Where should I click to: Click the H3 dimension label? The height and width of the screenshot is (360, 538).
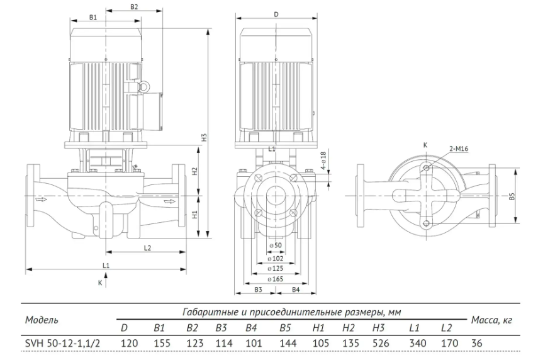tap(205, 137)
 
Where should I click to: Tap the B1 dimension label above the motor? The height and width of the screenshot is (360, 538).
tap(93, 17)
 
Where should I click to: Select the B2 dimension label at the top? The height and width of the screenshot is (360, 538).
tap(134, 7)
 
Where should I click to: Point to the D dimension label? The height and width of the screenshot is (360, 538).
tap(276, 14)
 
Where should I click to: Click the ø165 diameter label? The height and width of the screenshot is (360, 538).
tap(276, 279)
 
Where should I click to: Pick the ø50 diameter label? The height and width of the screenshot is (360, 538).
tap(276, 245)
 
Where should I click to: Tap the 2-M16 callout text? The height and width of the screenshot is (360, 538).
tap(459, 149)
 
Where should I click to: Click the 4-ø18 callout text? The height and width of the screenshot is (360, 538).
tap(323, 160)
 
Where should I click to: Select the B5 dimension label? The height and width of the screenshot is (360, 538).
tap(512, 196)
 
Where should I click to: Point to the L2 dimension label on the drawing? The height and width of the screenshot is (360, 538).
tap(147, 248)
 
